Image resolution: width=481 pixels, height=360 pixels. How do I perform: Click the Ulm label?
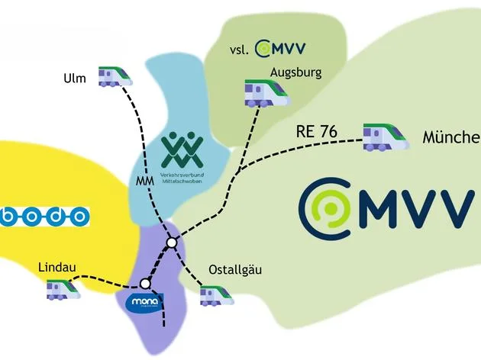click(76, 78)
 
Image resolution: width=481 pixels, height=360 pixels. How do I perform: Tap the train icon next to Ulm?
click(115, 76)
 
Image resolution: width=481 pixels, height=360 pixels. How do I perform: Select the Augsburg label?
click(295, 73)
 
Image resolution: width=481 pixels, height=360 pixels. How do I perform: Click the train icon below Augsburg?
click(266, 93)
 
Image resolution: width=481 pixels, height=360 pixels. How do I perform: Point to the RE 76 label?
click(316, 132)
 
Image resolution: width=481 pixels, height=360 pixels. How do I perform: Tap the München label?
click(450, 138)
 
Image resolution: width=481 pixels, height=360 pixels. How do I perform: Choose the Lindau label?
click(58, 267)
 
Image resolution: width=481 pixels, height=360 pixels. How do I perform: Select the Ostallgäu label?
click(235, 270)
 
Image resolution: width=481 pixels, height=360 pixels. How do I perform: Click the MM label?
click(144, 182)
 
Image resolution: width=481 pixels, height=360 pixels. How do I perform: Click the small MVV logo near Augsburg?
click(280, 49)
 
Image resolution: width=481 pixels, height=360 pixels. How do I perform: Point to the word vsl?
click(240, 50)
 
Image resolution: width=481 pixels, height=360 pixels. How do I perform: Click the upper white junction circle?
click(172, 243)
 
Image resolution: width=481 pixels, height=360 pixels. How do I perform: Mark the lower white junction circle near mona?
click(146, 284)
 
